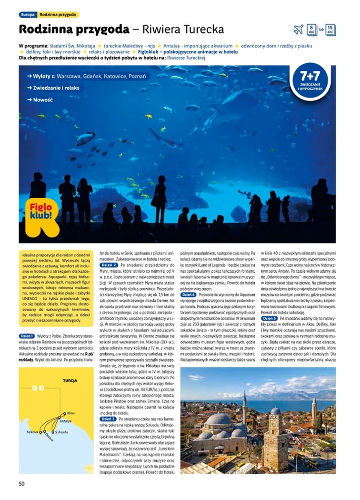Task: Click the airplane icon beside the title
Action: [x=299, y=29]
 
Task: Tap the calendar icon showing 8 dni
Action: [x=311, y=29]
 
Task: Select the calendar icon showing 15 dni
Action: [x=331, y=29]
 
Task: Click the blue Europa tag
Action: [x=28, y=15]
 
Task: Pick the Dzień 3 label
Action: [x=109, y=419]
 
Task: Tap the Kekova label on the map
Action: [x=32, y=432]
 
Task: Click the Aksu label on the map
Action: [x=71, y=413]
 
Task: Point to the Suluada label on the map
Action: [x=62, y=432]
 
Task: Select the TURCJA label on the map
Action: [x=70, y=381]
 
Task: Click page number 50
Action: [x=21, y=484]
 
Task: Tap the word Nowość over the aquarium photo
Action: [x=43, y=100]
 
